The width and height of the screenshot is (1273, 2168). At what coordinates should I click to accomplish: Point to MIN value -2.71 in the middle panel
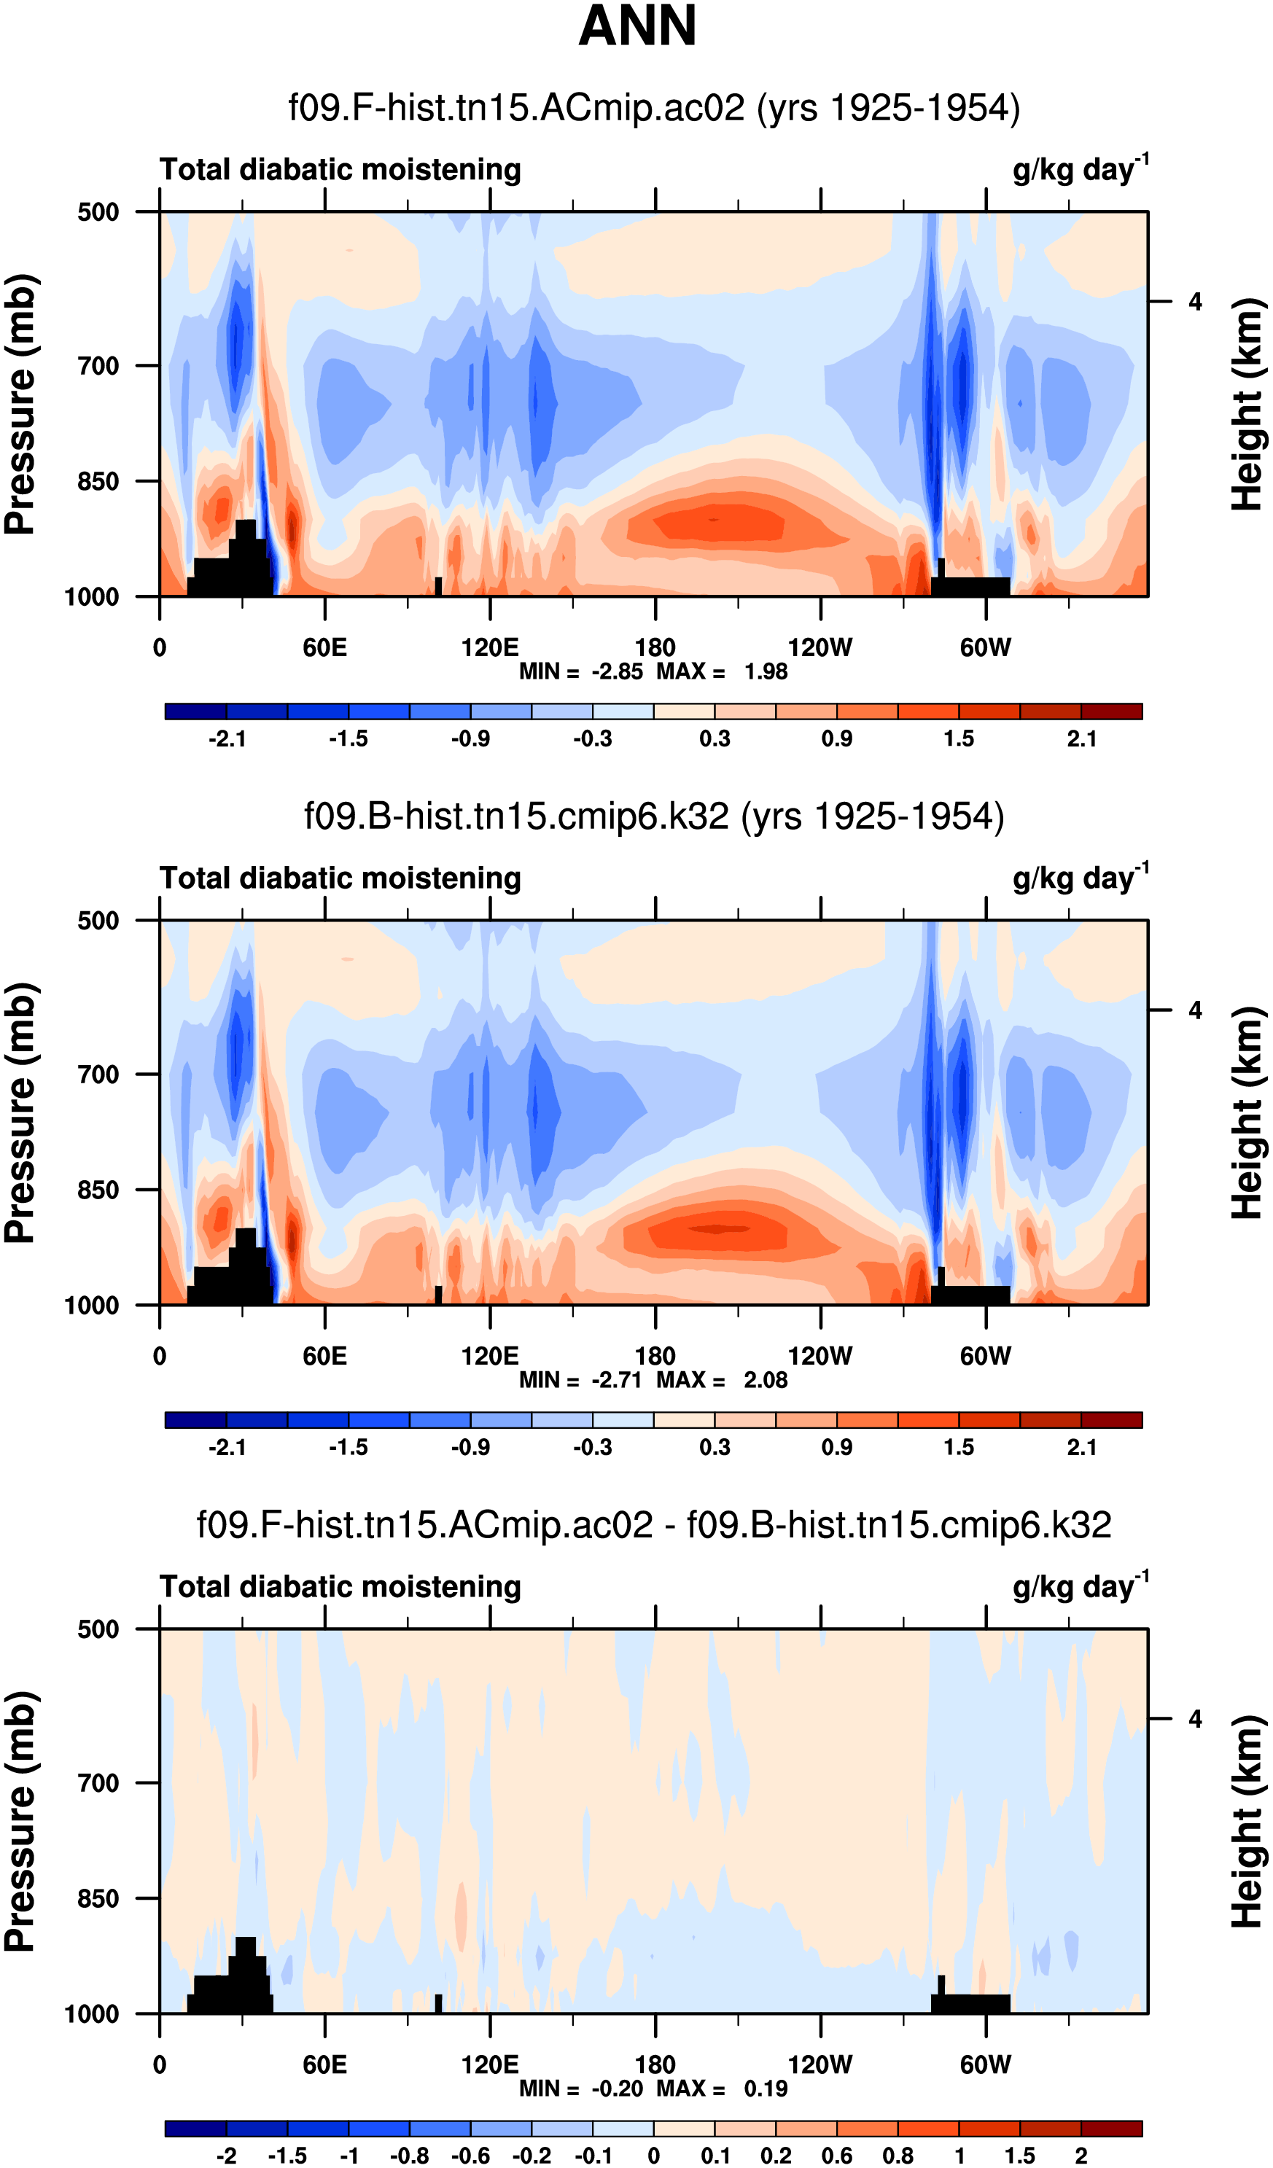tap(616, 1380)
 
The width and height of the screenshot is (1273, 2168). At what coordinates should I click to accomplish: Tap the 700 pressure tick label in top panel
tap(98, 366)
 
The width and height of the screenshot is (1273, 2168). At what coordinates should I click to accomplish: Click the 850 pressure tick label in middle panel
tap(98, 1190)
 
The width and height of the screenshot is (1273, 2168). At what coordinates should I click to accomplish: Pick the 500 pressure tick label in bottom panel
tap(98, 1629)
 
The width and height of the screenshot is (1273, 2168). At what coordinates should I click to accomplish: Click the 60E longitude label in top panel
tap(324, 648)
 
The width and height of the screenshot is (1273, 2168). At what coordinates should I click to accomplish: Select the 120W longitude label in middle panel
tap(820, 1357)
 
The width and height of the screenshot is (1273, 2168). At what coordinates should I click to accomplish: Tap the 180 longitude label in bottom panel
tap(655, 2064)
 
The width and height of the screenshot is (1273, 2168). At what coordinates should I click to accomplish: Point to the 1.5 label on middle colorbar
tap(959, 1448)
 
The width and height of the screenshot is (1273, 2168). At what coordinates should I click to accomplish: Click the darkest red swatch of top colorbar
tap(1111, 711)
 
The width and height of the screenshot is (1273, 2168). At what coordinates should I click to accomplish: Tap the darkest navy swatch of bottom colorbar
tap(195, 2129)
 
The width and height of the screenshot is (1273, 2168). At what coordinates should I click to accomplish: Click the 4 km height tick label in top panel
tap(1195, 302)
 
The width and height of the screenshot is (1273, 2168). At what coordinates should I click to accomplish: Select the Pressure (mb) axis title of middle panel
tap(20, 1112)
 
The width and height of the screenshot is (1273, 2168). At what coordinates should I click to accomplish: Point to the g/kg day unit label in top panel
tap(1079, 168)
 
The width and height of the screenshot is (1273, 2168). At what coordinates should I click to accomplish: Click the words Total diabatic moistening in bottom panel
tap(340, 1586)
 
